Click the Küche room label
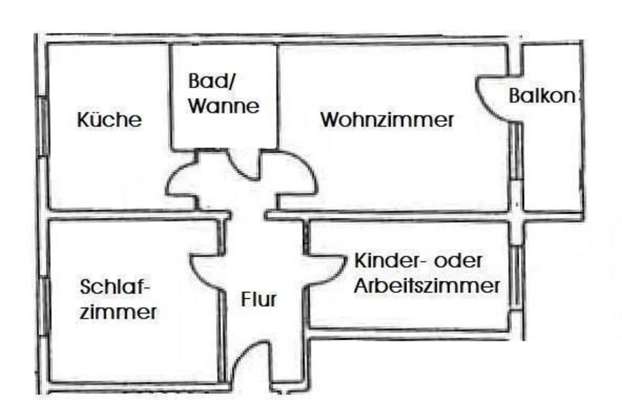tap(109, 120)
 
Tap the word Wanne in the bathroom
tap(224, 106)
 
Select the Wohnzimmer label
tap(387, 120)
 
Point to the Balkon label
tap(543, 96)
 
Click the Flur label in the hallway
tap(259, 300)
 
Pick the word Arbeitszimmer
tap(426, 286)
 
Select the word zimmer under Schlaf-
tap(119, 312)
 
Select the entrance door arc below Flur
tap(251, 363)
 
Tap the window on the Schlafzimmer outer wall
tap(43, 305)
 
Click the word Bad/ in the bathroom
tap(204, 82)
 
